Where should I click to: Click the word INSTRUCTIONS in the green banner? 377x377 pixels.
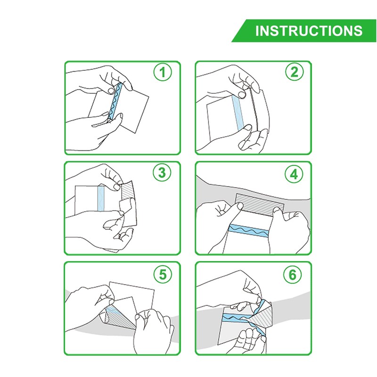[x=309, y=31]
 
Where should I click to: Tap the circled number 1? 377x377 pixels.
[x=163, y=72]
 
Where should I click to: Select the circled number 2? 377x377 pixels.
[x=295, y=72]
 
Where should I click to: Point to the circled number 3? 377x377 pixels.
[x=162, y=172]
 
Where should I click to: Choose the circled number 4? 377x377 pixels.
[x=294, y=174]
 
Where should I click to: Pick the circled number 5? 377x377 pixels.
[x=163, y=274]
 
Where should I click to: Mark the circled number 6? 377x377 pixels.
[x=292, y=274]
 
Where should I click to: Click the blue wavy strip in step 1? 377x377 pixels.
[x=115, y=101]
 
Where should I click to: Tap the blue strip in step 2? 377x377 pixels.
[x=238, y=113]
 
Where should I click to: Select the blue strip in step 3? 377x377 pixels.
[x=101, y=198]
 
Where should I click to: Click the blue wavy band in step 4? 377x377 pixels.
[x=249, y=230]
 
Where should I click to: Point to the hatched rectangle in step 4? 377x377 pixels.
[x=260, y=204]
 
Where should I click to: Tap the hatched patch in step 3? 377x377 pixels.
[x=127, y=190]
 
